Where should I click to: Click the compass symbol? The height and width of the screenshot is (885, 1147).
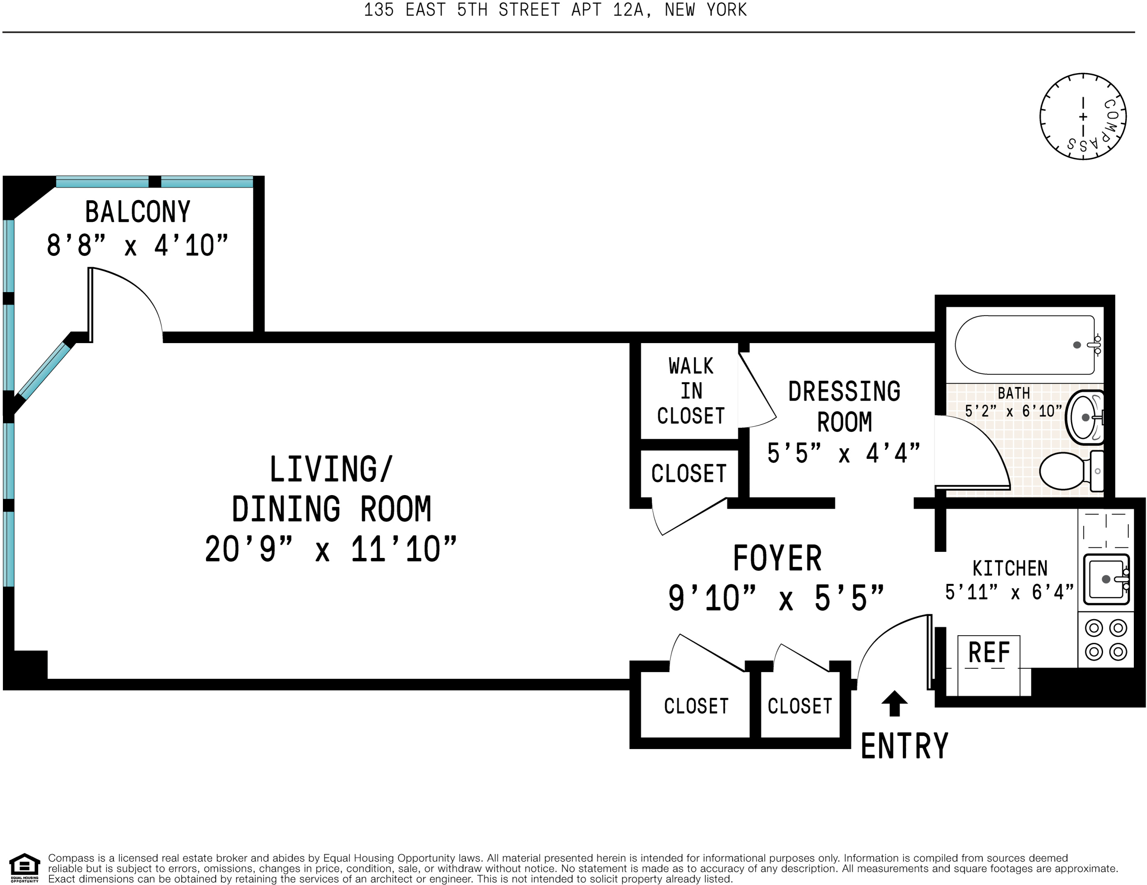[1082, 117]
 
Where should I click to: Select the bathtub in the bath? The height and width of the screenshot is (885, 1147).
[1025, 345]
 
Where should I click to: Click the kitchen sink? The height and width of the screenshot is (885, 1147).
[1106, 579]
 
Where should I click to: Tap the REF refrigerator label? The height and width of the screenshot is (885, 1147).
[989, 653]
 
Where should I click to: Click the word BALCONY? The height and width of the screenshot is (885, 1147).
[138, 212]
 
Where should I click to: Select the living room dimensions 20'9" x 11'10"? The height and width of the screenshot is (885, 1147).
[330, 550]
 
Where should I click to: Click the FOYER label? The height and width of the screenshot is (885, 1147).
[777, 558]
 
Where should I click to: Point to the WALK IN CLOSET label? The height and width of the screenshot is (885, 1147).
[690, 391]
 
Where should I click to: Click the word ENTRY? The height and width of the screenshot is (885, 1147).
[905, 746]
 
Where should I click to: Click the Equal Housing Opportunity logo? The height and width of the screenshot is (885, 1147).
[25, 868]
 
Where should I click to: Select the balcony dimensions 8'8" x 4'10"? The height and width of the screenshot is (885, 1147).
[138, 246]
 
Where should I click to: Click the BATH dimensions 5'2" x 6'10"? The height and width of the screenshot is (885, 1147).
[1013, 411]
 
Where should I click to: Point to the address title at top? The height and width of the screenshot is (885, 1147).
[555, 10]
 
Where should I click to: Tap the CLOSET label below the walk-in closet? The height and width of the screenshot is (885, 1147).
[688, 473]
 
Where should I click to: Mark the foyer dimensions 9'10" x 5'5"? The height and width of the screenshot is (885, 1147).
[776, 598]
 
